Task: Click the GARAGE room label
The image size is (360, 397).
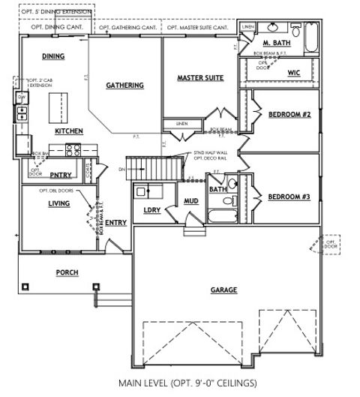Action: point(223,290)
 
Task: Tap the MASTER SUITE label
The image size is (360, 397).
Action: point(200,78)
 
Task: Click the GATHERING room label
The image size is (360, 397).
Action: point(125,86)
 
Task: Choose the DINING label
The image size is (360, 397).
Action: point(53,56)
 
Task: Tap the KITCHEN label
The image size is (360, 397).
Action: point(68,131)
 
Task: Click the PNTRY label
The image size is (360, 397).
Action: point(60,175)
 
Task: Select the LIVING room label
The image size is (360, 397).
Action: point(59,203)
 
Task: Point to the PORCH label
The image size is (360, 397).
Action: point(67,272)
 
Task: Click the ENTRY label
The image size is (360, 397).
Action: point(115,222)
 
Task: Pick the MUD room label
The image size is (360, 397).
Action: point(190,201)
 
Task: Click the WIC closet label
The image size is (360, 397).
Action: point(294,72)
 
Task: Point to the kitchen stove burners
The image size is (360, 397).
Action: point(73,149)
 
